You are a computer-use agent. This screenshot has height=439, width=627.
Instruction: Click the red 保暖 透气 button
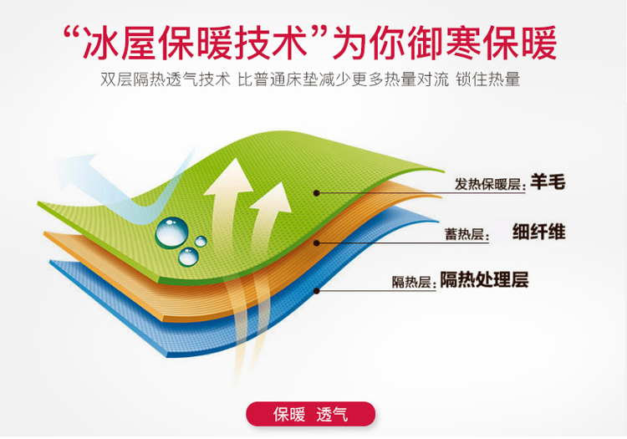[x=310, y=414]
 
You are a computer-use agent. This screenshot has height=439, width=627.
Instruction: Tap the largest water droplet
[x=171, y=232]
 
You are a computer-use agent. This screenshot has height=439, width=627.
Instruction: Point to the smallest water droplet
[x=201, y=241]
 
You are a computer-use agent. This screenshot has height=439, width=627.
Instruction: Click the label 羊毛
[x=548, y=182]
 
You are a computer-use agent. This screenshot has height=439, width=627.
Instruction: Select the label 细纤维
[x=538, y=232]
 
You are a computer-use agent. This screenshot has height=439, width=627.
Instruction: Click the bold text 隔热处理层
[x=484, y=280]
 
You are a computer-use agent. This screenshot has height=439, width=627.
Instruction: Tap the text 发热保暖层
[x=487, y=184]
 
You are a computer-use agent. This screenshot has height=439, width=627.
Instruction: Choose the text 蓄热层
[x=464, y=234]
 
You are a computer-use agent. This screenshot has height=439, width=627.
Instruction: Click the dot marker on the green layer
[x=316, y=193]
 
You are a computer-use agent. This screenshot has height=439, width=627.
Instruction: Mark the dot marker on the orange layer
[x=316, y=242]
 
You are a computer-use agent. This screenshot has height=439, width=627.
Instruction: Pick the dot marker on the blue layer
[x=316, y=291]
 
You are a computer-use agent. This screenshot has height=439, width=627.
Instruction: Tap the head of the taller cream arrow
[x=229, y=177]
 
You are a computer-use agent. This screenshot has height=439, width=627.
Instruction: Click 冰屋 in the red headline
[x=118, y=43]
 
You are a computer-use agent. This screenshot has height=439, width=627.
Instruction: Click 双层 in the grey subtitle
[x=116, y=79]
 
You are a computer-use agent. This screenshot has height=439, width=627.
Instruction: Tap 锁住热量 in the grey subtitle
[x=488, y=79]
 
